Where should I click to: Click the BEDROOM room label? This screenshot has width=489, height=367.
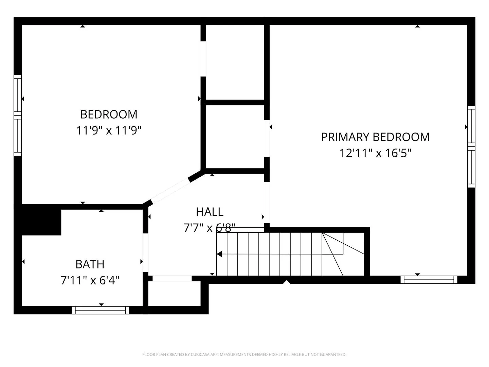point(109,114)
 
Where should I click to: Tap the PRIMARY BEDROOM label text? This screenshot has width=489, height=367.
point(375,137)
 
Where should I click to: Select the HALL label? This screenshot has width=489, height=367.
point(210,212)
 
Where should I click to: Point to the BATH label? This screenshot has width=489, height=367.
point(90,264)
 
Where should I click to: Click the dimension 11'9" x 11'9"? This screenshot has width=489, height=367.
point(109,130)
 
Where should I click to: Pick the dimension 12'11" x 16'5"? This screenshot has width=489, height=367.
point(375,153)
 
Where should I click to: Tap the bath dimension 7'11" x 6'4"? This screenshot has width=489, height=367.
point(90,280)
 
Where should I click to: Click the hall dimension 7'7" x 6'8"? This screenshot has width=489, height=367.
point(210,228)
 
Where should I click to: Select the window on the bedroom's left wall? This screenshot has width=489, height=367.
point(18,116)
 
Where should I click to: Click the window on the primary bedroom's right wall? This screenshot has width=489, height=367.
point(471,146)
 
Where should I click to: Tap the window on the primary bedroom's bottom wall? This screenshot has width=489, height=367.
point(429,280)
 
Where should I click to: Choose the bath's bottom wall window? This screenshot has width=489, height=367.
point(100,310)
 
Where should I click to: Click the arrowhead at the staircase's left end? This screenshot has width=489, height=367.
point(219,254)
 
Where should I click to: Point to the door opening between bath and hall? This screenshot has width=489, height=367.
point(145,253)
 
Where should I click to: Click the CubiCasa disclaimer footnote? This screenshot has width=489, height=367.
point(244,354)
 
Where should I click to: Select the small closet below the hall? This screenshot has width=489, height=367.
point(174,294)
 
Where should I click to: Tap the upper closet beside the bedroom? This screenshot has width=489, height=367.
point(235,63)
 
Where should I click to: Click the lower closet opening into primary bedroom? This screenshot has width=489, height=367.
point(235,137)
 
